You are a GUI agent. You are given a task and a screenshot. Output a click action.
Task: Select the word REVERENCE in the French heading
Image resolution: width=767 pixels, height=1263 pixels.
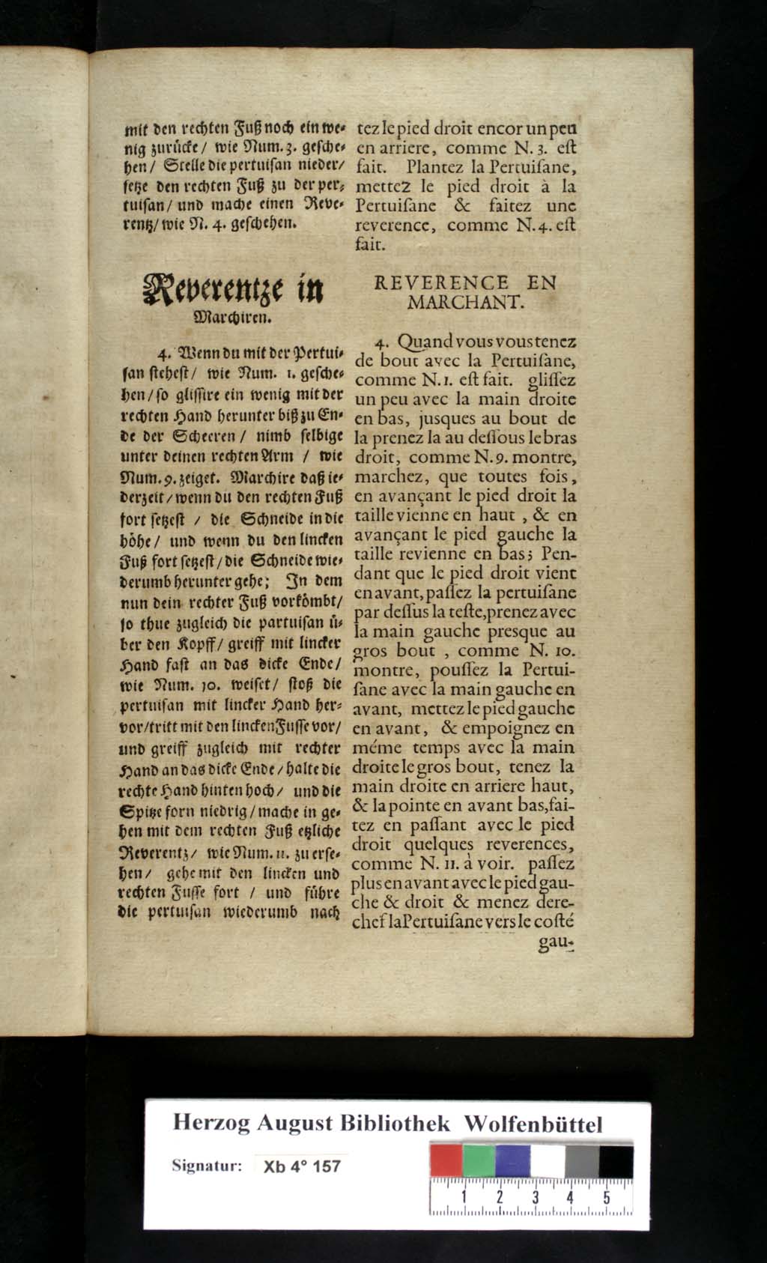click(441, 283)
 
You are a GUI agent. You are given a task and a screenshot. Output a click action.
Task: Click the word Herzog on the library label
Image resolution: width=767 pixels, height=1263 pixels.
click(210, 1123)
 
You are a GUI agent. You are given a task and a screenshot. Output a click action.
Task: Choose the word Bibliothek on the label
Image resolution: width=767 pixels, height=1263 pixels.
click(395, 1123)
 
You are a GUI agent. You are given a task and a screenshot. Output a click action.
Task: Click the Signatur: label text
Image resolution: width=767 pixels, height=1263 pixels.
click(207, 1166)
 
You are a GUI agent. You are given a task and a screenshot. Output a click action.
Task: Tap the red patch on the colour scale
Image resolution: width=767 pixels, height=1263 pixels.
click(446, 1162)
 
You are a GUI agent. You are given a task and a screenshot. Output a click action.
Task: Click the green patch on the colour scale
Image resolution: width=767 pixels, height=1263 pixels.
click(479, 1162)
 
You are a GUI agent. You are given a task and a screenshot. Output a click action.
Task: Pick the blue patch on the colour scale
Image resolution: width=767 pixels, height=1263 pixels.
click(513, 1162)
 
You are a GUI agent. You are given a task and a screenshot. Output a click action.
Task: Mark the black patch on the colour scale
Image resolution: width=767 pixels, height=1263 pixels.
click(615, 1162)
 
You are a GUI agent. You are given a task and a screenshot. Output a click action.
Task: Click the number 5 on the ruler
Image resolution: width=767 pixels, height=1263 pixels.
click(605, 1197)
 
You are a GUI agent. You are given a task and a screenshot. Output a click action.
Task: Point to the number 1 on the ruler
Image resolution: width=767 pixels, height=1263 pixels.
click(464, 1197)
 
